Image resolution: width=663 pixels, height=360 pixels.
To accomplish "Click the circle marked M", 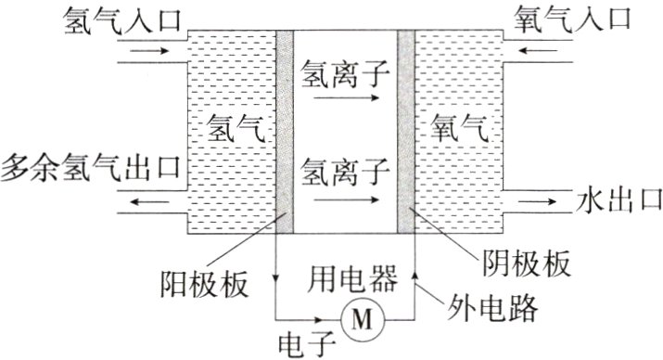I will point(361,320).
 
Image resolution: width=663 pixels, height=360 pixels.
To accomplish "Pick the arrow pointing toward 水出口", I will point(539,199).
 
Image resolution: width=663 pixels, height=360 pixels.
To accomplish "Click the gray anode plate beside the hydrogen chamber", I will point(285,130).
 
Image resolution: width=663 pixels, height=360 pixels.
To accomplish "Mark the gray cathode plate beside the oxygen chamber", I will point(405,130).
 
